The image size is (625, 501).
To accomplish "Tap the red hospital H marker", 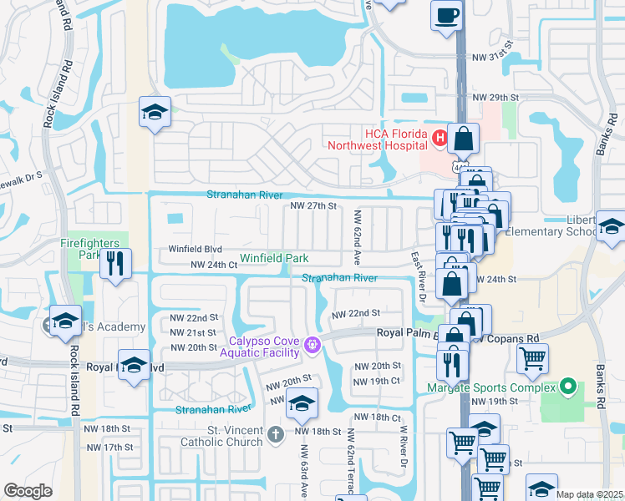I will click(x=438, y=136).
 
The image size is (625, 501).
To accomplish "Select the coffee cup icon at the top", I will click(x=446, y=14).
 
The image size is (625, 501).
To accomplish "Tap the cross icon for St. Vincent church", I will click(x=277, y=433).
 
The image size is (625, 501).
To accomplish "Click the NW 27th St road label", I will click(x=312, y=205).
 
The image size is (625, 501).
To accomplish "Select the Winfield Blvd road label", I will click(x=195, y=249).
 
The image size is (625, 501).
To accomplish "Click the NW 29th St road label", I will click(x=495, y=98).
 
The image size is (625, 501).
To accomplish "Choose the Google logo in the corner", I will click(x=28, y=491).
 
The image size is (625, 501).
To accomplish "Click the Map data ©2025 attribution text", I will click(x=588, y=494).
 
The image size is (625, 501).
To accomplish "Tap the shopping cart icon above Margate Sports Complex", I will click(x=532, y=358).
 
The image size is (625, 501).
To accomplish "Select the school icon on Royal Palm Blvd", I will click(x=134, y=366).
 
